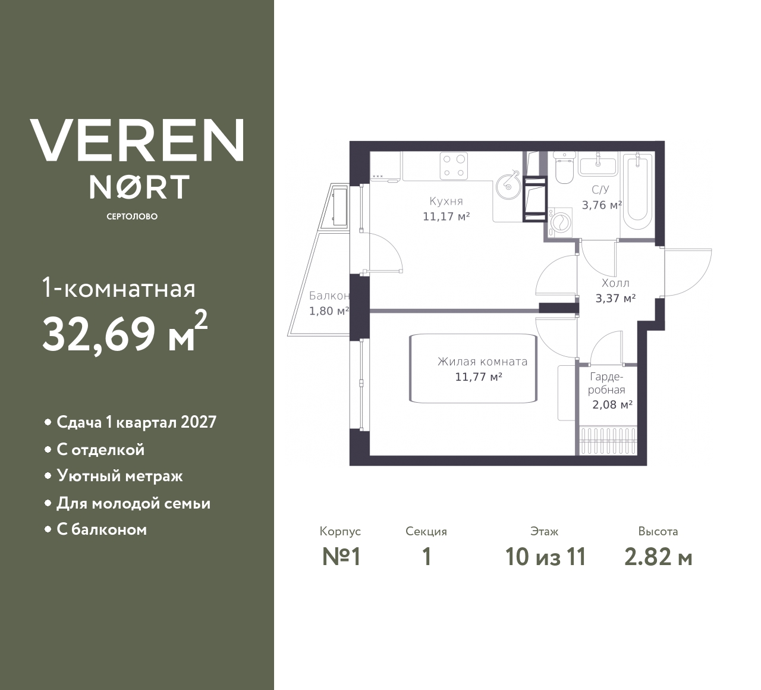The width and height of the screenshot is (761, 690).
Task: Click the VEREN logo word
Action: pyautogui.click(x=137, y=140)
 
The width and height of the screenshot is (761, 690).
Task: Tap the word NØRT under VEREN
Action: pyautogui.click(x=139, y=187)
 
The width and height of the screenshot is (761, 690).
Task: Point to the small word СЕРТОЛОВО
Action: pyautogui.click(x=132, y=217)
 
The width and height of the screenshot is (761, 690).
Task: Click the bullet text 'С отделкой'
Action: pyautogui.click(x=100, y=450)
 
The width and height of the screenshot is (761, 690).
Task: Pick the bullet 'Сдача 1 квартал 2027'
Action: pyautogui.click(x=136, y=422)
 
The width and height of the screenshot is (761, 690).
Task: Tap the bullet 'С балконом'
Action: pyautogui.click(x=102, y=529)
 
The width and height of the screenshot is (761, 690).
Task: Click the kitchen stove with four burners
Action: pyautogui.click(x=454, y=165)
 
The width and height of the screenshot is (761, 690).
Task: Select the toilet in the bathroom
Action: pyautogui.click(x=564, y=168)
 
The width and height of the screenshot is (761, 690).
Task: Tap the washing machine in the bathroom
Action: pyautogui.click(x=560, y=223)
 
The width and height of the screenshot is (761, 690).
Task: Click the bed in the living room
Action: pyautogui.click(x=473, y=368)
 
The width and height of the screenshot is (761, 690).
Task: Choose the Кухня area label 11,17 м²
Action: pyautogui.click(x=446, y=217)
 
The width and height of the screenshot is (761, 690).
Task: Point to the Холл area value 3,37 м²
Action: pyautogui.click(x=615, y=299)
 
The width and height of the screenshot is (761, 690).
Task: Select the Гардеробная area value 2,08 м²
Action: pyautogui.click(x=612, y=404)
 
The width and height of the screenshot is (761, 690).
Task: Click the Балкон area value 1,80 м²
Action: pyautogui.click(x=329, y=311)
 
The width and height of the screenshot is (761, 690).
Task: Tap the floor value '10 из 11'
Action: pyautogui.click(x=546, y=557)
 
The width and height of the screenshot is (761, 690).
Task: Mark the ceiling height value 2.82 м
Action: pyautogui.click(x=658, y=557)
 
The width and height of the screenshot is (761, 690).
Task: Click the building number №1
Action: pyautogui.click(x=341, y=557)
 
